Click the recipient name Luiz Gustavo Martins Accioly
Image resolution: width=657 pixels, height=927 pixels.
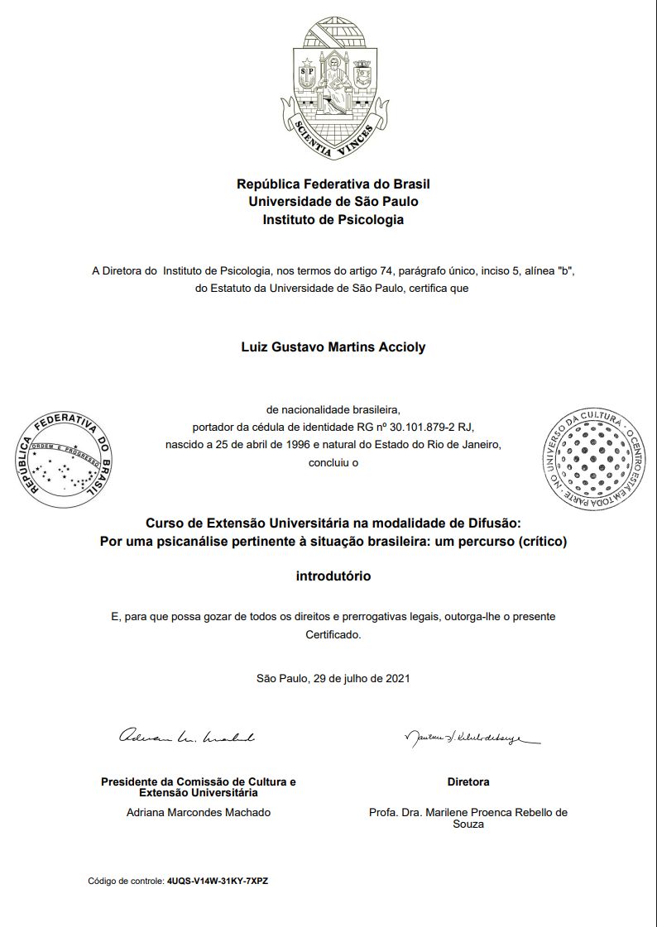(x=333, y=347)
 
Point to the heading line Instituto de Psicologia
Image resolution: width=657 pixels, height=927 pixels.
(x=333, y=220)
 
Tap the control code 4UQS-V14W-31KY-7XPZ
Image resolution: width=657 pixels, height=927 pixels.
(x=218, y=881)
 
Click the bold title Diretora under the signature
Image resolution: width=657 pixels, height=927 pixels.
(x=468, y=781)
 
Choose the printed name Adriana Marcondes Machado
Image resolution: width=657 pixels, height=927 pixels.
(x=199, y=812)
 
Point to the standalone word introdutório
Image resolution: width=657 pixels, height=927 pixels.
(x=333, y=576)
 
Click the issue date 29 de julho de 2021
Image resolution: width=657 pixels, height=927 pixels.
(x=362, y=679)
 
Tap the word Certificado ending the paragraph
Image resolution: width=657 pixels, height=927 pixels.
(x=333, y=635)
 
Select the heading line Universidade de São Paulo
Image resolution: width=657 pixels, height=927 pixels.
(x=333, y=202)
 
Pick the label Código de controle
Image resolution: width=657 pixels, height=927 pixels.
(x=126, y=881)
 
